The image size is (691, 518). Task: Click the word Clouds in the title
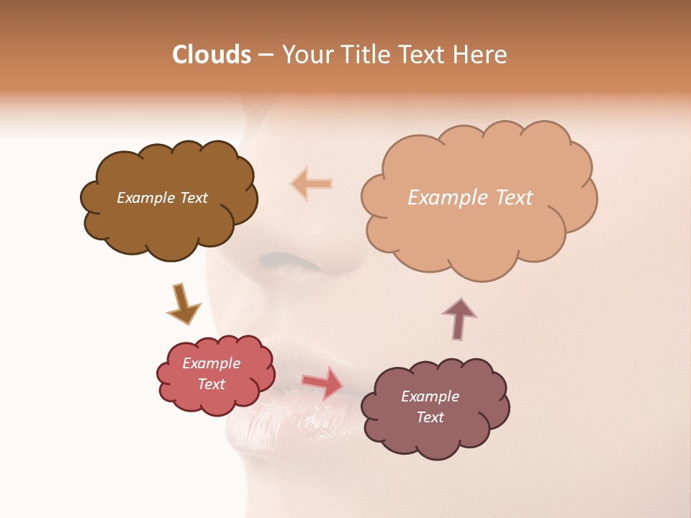point(212,55)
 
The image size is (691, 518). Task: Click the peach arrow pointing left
point(311,183)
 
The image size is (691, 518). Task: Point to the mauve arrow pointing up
point(459,318)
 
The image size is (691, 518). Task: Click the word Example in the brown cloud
point(144,198)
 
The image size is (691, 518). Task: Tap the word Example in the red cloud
point(211,363)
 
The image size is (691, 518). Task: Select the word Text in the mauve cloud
point(430,417)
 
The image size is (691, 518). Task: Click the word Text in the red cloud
point(211,384)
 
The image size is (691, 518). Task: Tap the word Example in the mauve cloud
point(430,396)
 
